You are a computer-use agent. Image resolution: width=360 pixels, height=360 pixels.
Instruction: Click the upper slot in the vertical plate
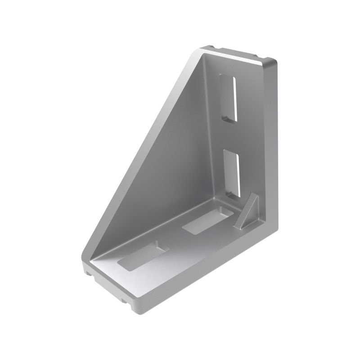coord(229,98)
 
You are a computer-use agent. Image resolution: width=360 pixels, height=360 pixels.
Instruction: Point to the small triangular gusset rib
coord(249,211)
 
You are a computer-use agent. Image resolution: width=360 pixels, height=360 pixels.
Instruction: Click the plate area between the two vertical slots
coord(229,135)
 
